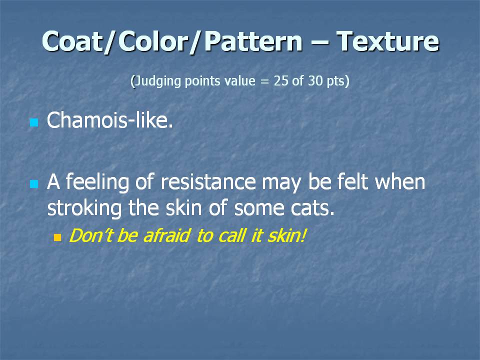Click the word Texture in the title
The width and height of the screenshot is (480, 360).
(x=388, y=41)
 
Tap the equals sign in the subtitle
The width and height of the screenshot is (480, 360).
(x=264, y=81)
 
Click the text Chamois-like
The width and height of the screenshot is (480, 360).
(x=110, y=119)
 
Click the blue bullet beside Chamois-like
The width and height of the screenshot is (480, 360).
(x=34, y=123)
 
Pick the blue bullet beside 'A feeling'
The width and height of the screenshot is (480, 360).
(x=34, y=184)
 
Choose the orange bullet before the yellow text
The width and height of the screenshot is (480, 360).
(x=57, y=238)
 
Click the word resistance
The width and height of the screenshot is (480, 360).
(x=208, y=181)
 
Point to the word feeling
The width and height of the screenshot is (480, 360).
(x=97, y=182)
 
